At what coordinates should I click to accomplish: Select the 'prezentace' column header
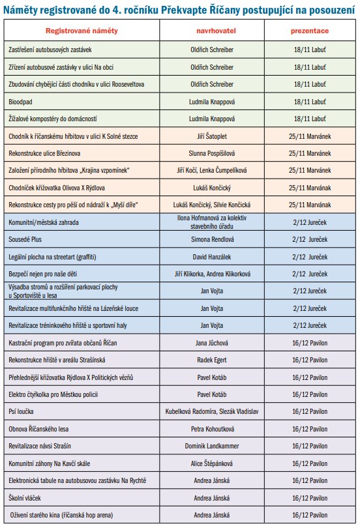tap(310, 31)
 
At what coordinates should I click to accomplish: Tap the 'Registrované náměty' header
tap(82, 31)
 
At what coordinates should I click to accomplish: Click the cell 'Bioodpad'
tap(20, 102)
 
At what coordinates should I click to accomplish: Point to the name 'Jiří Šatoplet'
tap(212, 136)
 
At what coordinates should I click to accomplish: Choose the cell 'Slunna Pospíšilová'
tap(212, 153)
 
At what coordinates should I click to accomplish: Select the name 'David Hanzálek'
tap(212, 257)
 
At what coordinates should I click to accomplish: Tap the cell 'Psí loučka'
tap(21, 411)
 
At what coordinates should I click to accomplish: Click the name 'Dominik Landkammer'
tap(212, 446)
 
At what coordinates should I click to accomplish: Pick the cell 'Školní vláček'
tap(25, 498)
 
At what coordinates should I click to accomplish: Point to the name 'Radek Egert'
tap(212, 360)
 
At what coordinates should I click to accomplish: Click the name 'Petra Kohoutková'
tap(213, 429)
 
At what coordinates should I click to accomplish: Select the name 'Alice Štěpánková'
tap(212, 463)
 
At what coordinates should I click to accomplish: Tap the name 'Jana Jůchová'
tap(212, 343)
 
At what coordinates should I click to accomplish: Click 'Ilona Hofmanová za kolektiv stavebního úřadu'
tap(212, 222)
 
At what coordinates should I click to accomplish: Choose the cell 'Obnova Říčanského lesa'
tap(38, 429)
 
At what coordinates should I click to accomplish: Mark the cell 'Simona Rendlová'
tap(213, 239)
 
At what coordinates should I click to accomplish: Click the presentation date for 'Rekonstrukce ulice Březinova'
tap(310, 153)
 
